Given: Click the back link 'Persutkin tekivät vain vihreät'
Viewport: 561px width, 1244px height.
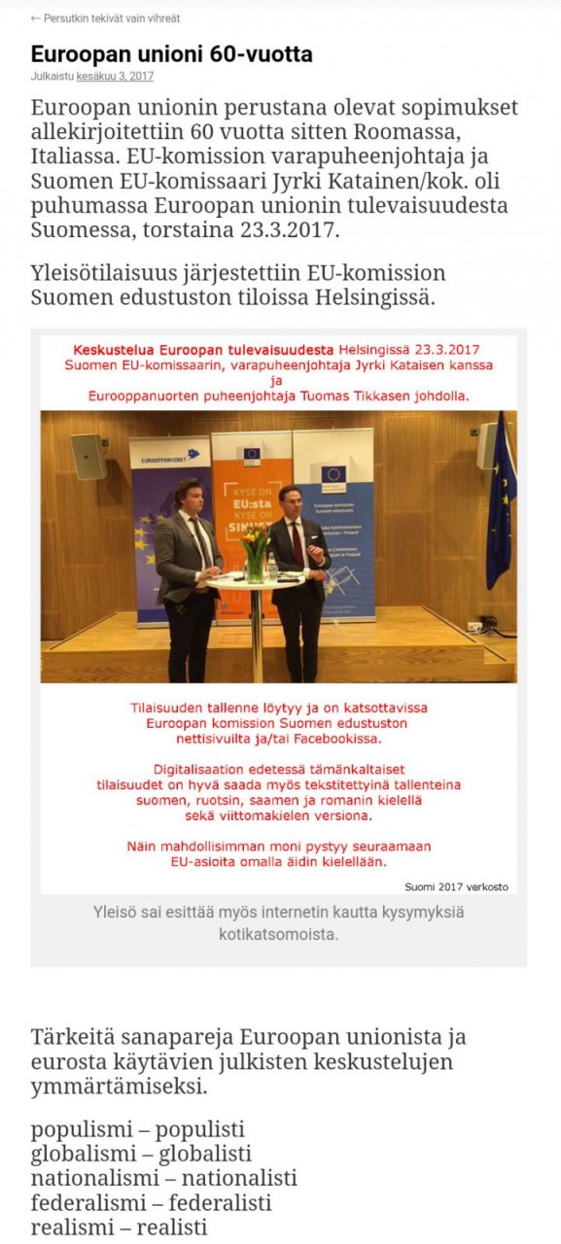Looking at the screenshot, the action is click(111, 18).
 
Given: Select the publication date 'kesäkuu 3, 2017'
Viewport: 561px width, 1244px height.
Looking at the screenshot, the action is click(115, 77).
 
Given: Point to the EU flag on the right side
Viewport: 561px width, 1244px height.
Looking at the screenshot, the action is click(502, 505).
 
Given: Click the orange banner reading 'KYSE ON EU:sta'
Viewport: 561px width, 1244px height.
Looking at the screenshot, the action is click(251, 505).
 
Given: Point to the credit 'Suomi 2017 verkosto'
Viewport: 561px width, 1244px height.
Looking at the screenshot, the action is click(456, 885).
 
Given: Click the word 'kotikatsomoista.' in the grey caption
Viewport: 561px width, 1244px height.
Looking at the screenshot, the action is click(278, 934).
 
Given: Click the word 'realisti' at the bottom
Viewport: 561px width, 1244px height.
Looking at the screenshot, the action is click(172, 1227).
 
